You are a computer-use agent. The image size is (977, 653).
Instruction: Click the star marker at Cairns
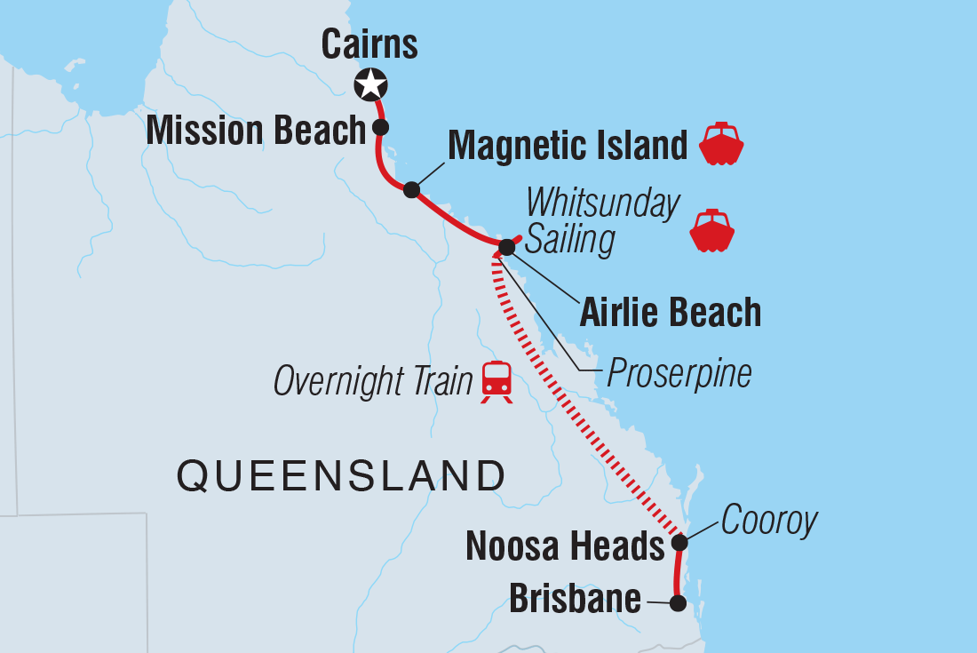[370, 85]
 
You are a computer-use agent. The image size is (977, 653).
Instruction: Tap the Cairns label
[369, 44]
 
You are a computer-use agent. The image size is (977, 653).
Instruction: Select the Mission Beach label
[256, 131]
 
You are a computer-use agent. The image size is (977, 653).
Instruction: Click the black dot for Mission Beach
[381, 127]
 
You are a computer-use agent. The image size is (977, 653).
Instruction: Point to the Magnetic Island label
[568, 146]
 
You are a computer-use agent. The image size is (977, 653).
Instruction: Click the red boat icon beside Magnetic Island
[721, 144]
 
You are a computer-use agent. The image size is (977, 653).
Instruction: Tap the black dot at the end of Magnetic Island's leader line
[411, 189]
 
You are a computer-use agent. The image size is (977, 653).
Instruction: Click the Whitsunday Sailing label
[603, 222]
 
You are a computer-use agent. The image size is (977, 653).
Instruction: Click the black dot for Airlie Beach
[506, 246]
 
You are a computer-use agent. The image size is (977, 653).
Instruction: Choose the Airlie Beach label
[671, 313]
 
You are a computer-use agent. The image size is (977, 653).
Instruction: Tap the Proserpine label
[679, 374]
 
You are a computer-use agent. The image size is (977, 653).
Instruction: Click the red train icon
[497, 381]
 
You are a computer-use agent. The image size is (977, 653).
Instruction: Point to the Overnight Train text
[372, 382]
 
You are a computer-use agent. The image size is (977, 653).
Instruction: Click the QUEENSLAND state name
[340, 476]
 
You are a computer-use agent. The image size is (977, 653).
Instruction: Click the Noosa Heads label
[565, 546]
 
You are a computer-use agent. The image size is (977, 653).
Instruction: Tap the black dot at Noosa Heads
[679, 542]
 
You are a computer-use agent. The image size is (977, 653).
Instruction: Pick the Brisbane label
[575, 599]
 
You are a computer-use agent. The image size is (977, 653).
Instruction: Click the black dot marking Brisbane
[678, 603]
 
